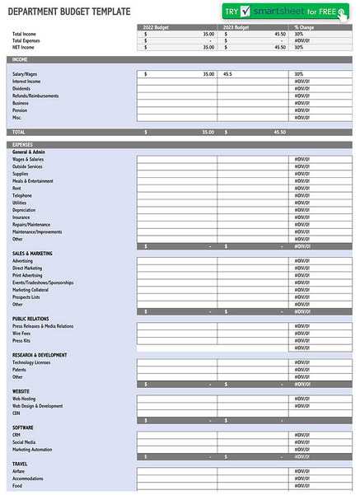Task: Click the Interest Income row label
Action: pos(27,82)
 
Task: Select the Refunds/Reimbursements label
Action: pos(35,96)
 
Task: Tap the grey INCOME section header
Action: pos(19,59)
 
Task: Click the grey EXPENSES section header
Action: pos(22,144)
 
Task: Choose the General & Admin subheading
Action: pos(30,152)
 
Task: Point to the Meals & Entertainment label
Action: pos(33,181)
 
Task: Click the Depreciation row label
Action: pos(25,210)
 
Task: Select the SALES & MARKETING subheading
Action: pos(32,254)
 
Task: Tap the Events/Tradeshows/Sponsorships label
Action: pos(43,283)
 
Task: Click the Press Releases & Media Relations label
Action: pos(43,326)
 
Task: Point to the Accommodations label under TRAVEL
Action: pos(28,479)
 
